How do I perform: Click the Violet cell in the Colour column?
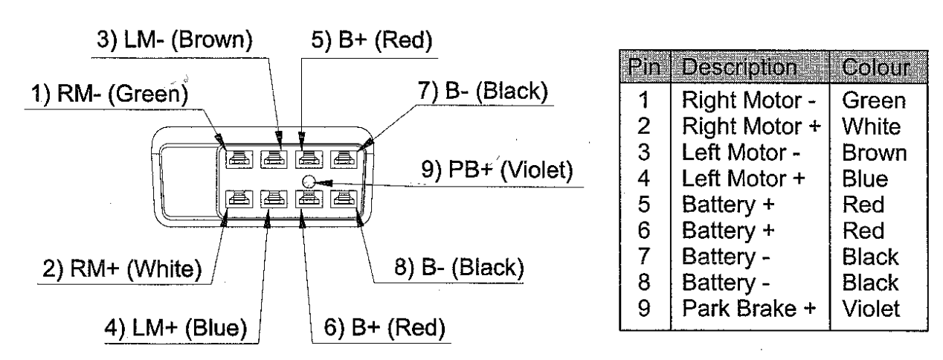point(870,304)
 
